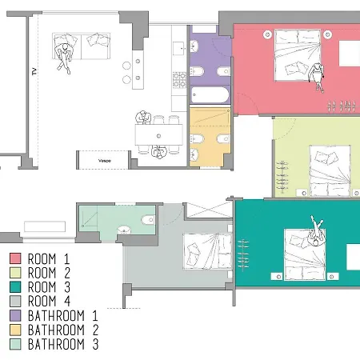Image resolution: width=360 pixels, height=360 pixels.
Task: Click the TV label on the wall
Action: (34, 71)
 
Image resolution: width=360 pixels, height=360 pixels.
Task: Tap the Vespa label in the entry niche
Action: (105, 161)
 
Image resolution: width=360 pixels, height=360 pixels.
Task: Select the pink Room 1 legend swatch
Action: (15, 258)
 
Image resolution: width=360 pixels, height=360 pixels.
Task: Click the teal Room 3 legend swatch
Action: (15, 287)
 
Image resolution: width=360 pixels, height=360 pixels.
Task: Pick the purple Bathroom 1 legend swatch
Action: (15, 315)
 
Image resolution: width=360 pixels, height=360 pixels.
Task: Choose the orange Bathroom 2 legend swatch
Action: (15, 330)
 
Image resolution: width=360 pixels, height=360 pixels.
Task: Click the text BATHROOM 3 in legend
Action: (63, 344)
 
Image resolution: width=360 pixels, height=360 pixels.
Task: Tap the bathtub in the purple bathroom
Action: (210, 95)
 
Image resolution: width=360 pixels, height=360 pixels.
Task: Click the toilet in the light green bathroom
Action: (148, 220)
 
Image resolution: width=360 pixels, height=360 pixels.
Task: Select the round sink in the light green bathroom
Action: (124, 230)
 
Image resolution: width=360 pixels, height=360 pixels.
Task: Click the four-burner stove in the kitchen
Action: (179, 80)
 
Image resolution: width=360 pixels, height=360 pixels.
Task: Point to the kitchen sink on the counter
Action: (179, 48)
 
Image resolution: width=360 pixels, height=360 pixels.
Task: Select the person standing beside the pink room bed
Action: (317, 78)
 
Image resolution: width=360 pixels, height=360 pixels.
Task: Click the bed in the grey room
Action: (207, 251)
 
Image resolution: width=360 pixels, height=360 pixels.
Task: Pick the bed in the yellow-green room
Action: (330, 171)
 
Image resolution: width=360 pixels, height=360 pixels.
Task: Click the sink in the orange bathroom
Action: (194, 154)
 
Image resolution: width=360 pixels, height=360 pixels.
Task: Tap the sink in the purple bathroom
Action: (194, 46)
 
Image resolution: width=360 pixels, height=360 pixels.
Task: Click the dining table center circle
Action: (158, 136)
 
